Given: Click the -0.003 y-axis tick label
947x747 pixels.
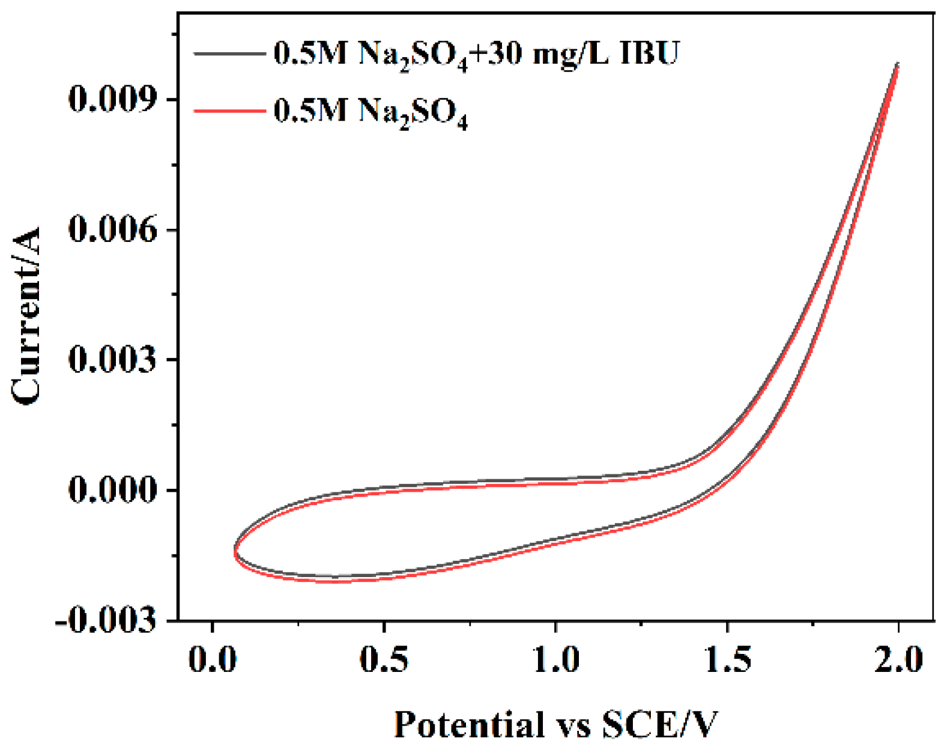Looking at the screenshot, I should [x=106, y=620].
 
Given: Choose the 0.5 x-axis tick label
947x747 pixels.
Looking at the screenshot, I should [x=383, y=659].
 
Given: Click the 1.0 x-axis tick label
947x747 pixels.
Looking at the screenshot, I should [x=555, y=659].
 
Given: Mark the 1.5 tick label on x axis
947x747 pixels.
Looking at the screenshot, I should [x=727, y=659].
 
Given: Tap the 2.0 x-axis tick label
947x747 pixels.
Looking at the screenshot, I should [x=898, y=659].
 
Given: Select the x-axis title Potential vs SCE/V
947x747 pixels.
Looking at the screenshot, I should [x=555, y=724].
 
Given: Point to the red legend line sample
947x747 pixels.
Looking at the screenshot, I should [x=229, y=110].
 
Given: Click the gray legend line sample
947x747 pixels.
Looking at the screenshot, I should [x=229, y=53].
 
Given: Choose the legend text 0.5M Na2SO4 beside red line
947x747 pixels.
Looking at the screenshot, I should [x=370, y=112].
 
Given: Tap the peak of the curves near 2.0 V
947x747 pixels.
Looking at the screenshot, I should [x=898, y=64].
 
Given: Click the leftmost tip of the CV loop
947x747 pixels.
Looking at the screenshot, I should [x=234, y=551].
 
